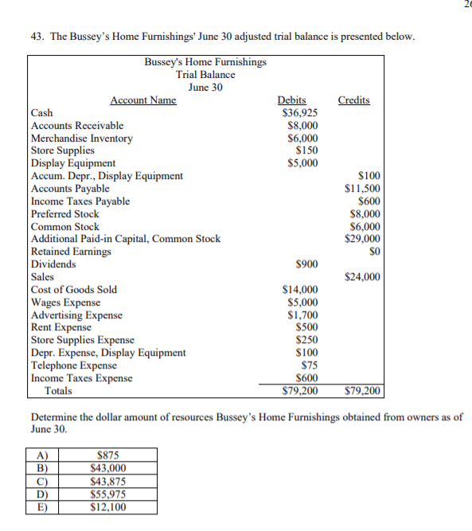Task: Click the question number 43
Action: pos(35,37)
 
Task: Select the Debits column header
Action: pos(291,100)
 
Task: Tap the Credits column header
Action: pos(353,100)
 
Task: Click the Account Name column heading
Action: pos(142,100)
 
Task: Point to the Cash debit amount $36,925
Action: pos(301,113)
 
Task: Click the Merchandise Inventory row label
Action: pos(81,139)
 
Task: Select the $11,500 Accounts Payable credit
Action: pos(362,189)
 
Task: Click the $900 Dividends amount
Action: pos(306,264)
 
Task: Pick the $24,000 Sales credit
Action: pos(362,277)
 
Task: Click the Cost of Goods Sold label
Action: pos(73,290)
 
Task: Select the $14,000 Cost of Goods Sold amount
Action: pos(301,290)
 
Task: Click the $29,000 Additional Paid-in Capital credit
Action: pos(362,239)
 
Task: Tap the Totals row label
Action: pos(58,391)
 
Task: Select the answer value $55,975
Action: pos(107,494)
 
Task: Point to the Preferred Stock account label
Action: pos(64,214)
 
